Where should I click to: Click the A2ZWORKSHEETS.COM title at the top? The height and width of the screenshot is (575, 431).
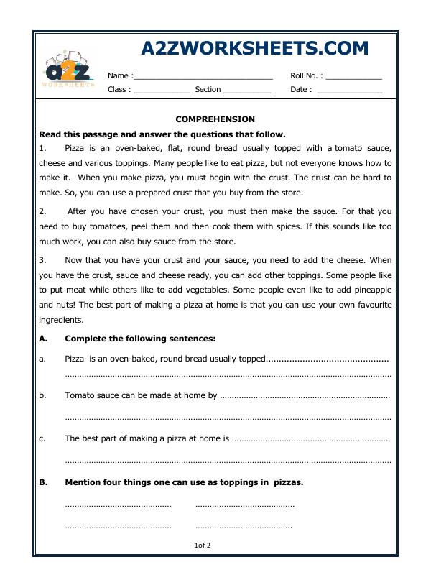point(255,47)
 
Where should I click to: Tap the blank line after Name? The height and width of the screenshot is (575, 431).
point(203,77)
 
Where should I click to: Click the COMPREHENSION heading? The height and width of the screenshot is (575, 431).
point(215,119)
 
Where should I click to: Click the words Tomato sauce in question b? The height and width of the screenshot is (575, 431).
point(89,395)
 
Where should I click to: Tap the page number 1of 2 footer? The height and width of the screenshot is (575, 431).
point(203,546)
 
